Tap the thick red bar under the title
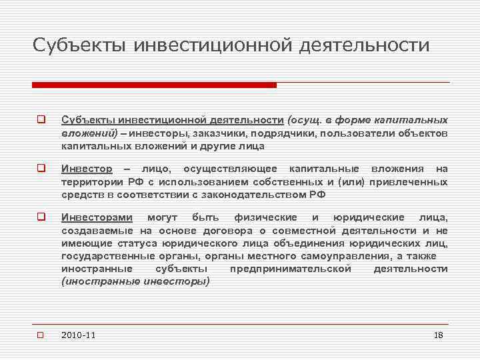[x=154, y=85]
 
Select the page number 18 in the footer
[x=438, y=335]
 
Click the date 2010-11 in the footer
[x=78, y=335]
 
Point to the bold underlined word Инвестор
[x=87, y=169]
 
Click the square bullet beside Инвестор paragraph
[x=41, y=169]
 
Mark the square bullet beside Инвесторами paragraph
[x=41, y=217]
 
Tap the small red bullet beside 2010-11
[x=41, y=335]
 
